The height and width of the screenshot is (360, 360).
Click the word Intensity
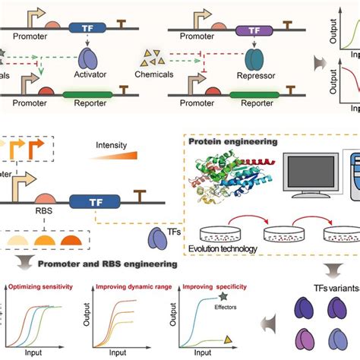tap(112, 143)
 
